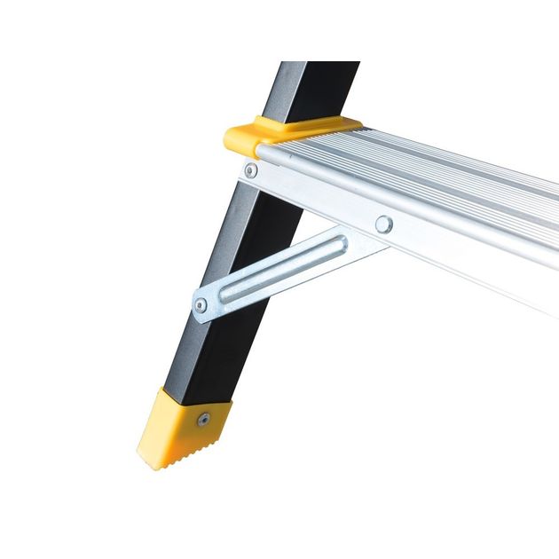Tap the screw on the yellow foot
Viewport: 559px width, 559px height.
pyautogui.click(x=204, y=419)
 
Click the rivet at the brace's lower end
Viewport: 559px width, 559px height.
pyautogui.click(x=201, y=305)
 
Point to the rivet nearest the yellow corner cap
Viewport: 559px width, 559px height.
pyautogui.click(x=251, y=169)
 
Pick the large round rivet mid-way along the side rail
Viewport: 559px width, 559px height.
pyautogui.click(x=383, y=224)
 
